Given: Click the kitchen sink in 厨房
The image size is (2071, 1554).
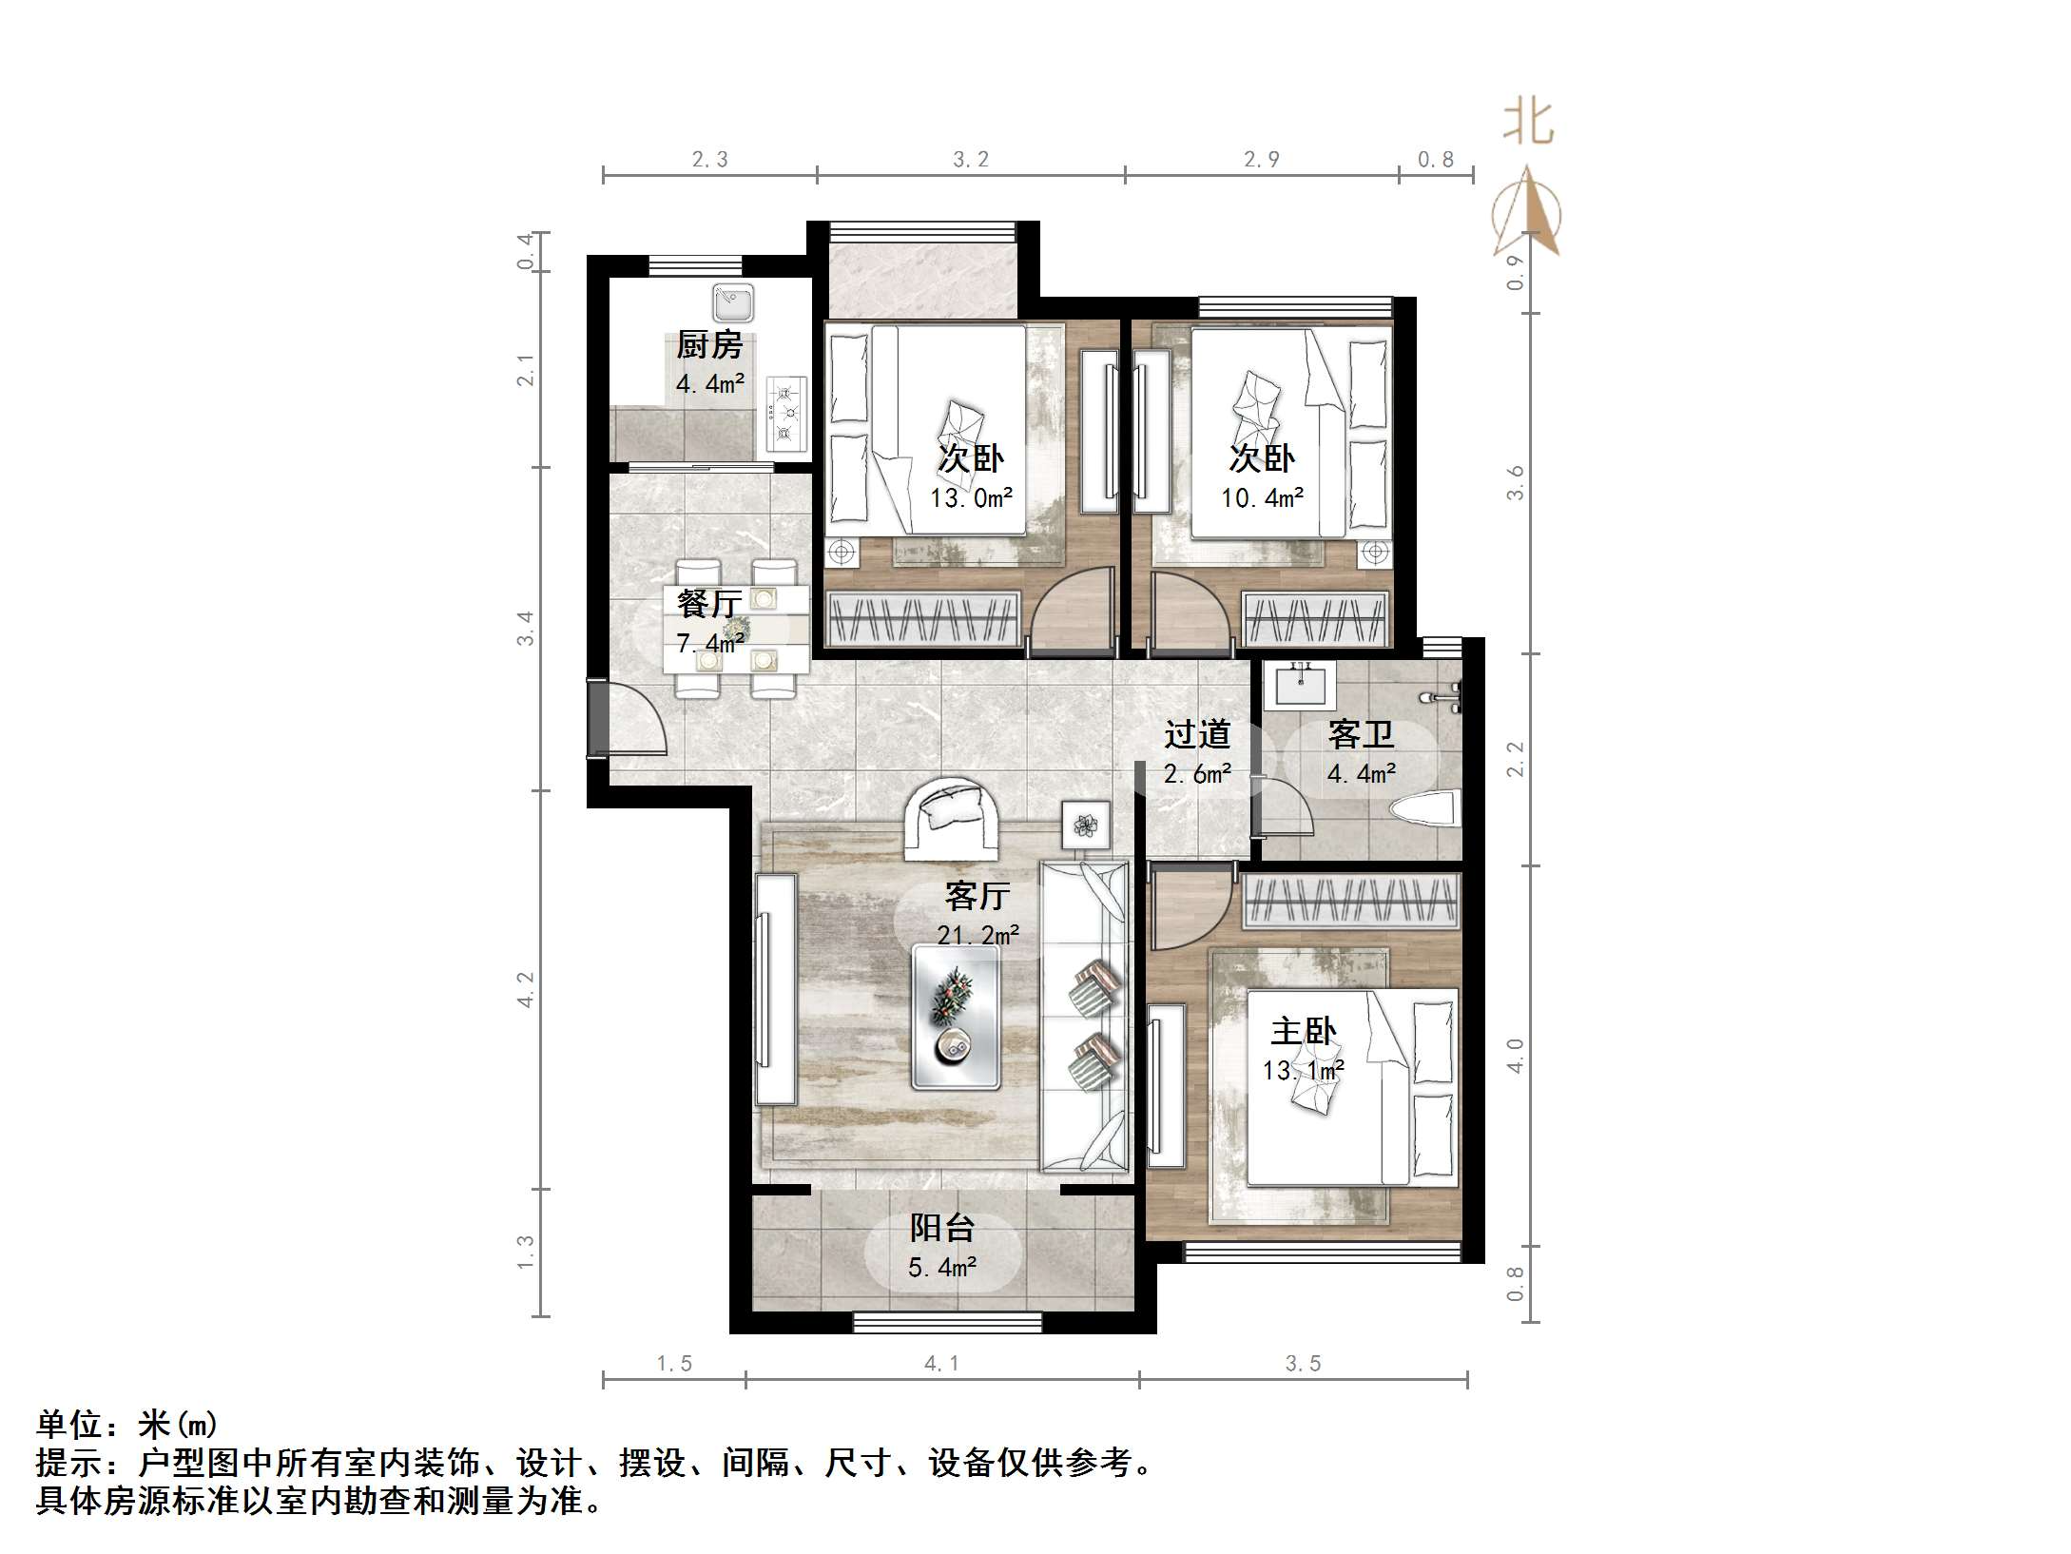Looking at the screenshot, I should point(732,303).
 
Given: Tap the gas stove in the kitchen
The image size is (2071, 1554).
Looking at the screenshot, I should point(786,414).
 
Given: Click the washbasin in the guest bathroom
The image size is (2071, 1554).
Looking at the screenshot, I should point(1300,685).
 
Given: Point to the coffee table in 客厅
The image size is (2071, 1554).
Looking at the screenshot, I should point(956,1016).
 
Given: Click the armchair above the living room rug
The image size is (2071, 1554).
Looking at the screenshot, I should point(952,816).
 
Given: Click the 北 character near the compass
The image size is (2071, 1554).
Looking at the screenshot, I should point(1528,124).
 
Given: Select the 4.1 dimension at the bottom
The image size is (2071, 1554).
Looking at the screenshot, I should point(941,1364).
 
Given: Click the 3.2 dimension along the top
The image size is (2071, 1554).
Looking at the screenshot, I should point(971,160).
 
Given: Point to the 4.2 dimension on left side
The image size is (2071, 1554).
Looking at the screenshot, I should point(526,989).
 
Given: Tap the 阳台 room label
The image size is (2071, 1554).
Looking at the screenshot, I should point(941,1228).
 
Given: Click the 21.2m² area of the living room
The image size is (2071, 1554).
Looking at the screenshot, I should point(978,935).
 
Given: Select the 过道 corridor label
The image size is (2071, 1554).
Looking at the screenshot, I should point(1197,734).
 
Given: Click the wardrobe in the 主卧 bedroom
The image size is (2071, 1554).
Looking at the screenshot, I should point(1349,902).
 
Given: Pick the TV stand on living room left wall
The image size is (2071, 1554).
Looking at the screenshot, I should point(775,989).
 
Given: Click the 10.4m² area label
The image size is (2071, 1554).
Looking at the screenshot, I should point(1262,497).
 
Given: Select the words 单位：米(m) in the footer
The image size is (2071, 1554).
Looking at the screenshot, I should point(127,1424).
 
